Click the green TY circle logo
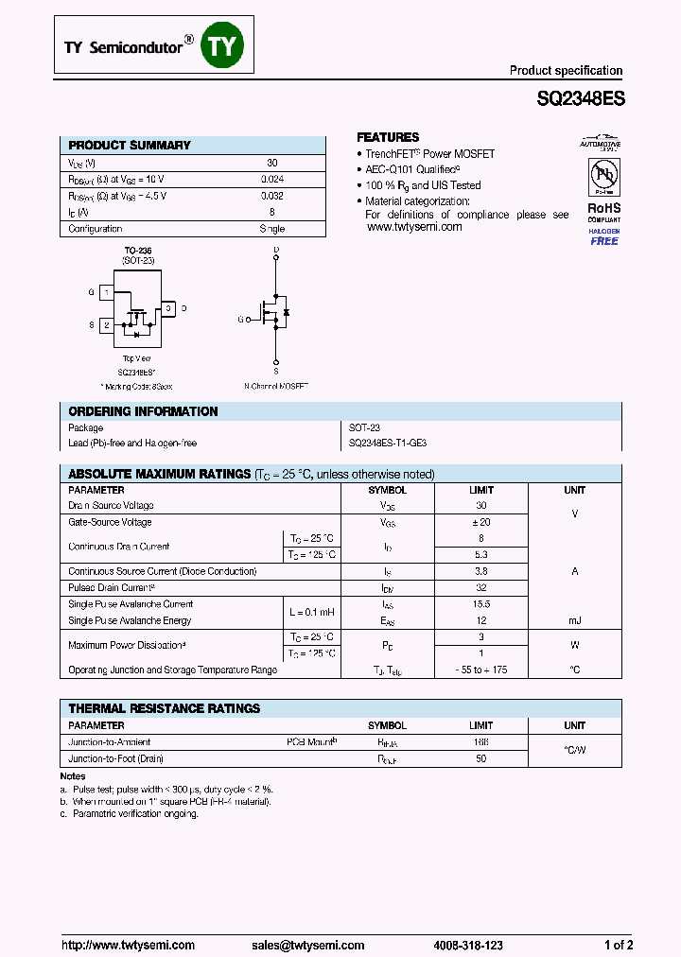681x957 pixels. [x=223, y=45]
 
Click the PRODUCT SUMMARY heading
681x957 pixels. [x=130, y=146]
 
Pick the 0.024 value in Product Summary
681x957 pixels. [x=271, y=179]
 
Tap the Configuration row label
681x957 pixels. [x=96, y=229]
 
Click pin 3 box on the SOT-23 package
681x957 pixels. [x=167, y=308]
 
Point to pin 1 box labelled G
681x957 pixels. [x=107, y=293]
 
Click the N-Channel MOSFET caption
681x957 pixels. [x=276, y=386]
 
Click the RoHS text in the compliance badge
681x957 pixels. [x=603, y=207]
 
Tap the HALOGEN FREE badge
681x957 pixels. [x=603, y=236]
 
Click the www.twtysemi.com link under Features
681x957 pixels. [x=413, y=227]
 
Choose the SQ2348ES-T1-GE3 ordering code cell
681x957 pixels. [x=388, y=443]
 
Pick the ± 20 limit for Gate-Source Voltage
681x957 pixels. [x=480, y=522]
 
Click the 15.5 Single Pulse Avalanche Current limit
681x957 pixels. [x=480, y=603]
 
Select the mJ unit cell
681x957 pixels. [x=574, y=620]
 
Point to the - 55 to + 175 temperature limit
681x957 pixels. [x=480, y=670]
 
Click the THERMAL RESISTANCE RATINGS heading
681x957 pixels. [x=165, y=708]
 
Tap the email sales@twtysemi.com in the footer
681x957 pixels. [x=307, y=945]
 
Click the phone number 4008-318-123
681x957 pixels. [x=468, y=945]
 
